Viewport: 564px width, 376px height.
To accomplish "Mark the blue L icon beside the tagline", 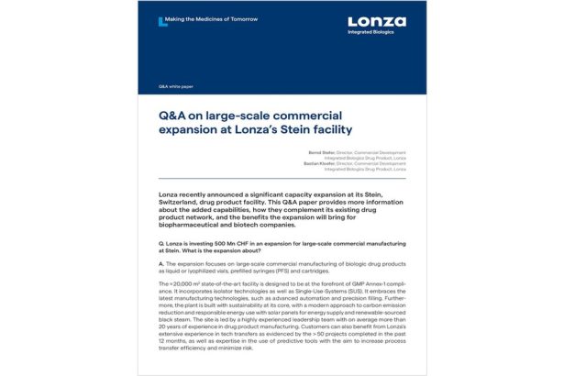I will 162,19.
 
